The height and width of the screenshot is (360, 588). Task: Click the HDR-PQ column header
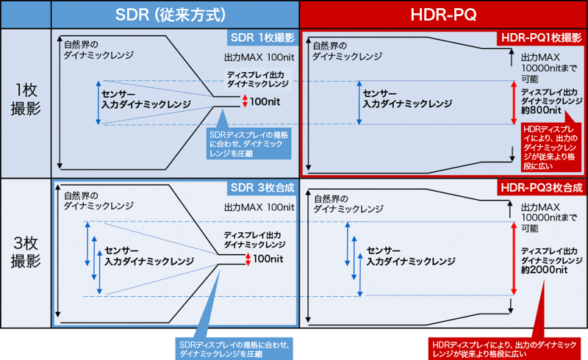(443, 14)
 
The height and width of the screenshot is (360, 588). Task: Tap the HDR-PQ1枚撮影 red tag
(540, 37)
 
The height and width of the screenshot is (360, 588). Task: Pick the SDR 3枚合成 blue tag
(261, 188)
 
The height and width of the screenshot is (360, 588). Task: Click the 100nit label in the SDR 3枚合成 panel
(268, 259)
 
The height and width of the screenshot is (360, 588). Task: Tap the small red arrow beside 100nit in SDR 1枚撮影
(245, 101)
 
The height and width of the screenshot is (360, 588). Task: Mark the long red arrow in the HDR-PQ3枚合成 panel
(513, 257)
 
